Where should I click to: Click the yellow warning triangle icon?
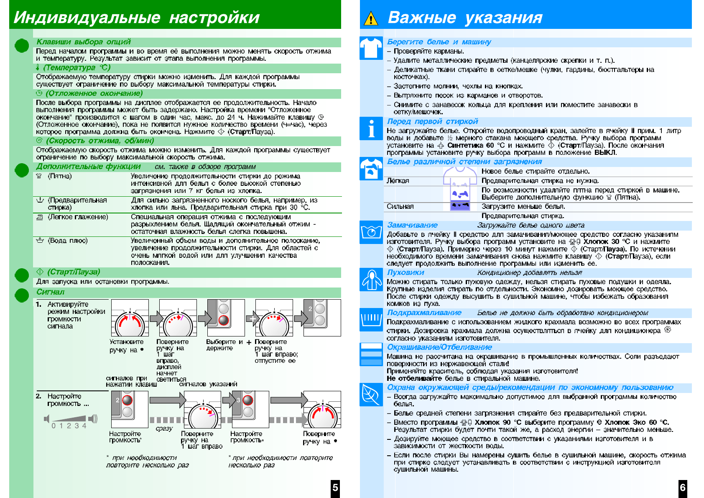[x=371, y=18]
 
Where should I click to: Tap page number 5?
[x=335, y=488]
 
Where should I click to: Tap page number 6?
[x=683, y=488]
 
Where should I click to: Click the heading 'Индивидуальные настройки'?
[x=137, y=18]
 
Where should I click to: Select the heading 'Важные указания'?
[x=465, y=18]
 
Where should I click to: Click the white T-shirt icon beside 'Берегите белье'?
[x=371, y=48]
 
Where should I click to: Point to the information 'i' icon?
[x=371, y=128]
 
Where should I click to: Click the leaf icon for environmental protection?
[x=371, y=394]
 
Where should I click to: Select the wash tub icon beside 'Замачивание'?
[x=371, y=232]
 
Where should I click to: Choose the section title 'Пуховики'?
[x=405, y=272]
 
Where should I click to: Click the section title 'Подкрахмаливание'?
[x=424, y=313]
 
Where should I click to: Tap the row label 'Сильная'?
[x=400, y=206]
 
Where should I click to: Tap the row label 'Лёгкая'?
[x=398, y=181]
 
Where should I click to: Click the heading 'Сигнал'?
[x=50, y=292]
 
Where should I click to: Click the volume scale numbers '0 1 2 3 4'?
[x=69, y=426]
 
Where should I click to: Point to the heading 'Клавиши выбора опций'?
[x=84, y=42]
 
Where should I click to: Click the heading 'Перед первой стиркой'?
[x=432, y=121]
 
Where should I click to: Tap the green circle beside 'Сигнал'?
[x=22, y=295]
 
